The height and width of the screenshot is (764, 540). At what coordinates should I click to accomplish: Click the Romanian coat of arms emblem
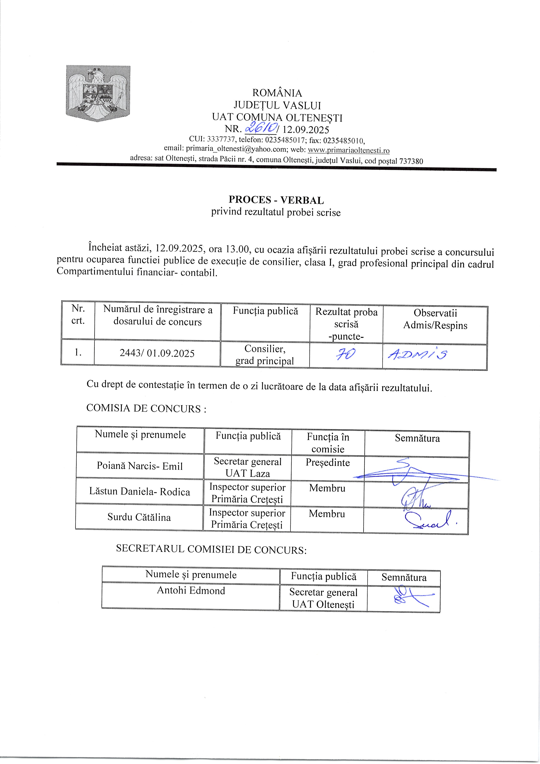pyautogui.click(x=98, y=93)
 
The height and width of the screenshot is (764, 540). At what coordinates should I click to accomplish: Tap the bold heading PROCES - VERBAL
pyautogui.click(x=276, y=200)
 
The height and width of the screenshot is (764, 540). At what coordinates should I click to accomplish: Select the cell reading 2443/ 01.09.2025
pyautogui.click(x=157, y=353)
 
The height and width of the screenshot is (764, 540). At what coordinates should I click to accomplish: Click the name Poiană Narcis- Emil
pyautogui.click(x=140, y=466)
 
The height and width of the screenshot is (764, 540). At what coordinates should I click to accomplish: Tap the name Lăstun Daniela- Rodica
pyautogui.click(x=139, y=492)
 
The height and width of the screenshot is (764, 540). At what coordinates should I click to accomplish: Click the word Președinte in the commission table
pyautogui.click(x=328, y=463)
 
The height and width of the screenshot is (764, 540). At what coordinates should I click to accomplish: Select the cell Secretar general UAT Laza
pyautogui.click(x=248, y=467)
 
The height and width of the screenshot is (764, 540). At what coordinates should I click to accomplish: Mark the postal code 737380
pyautogui.click(x=411, y=161)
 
